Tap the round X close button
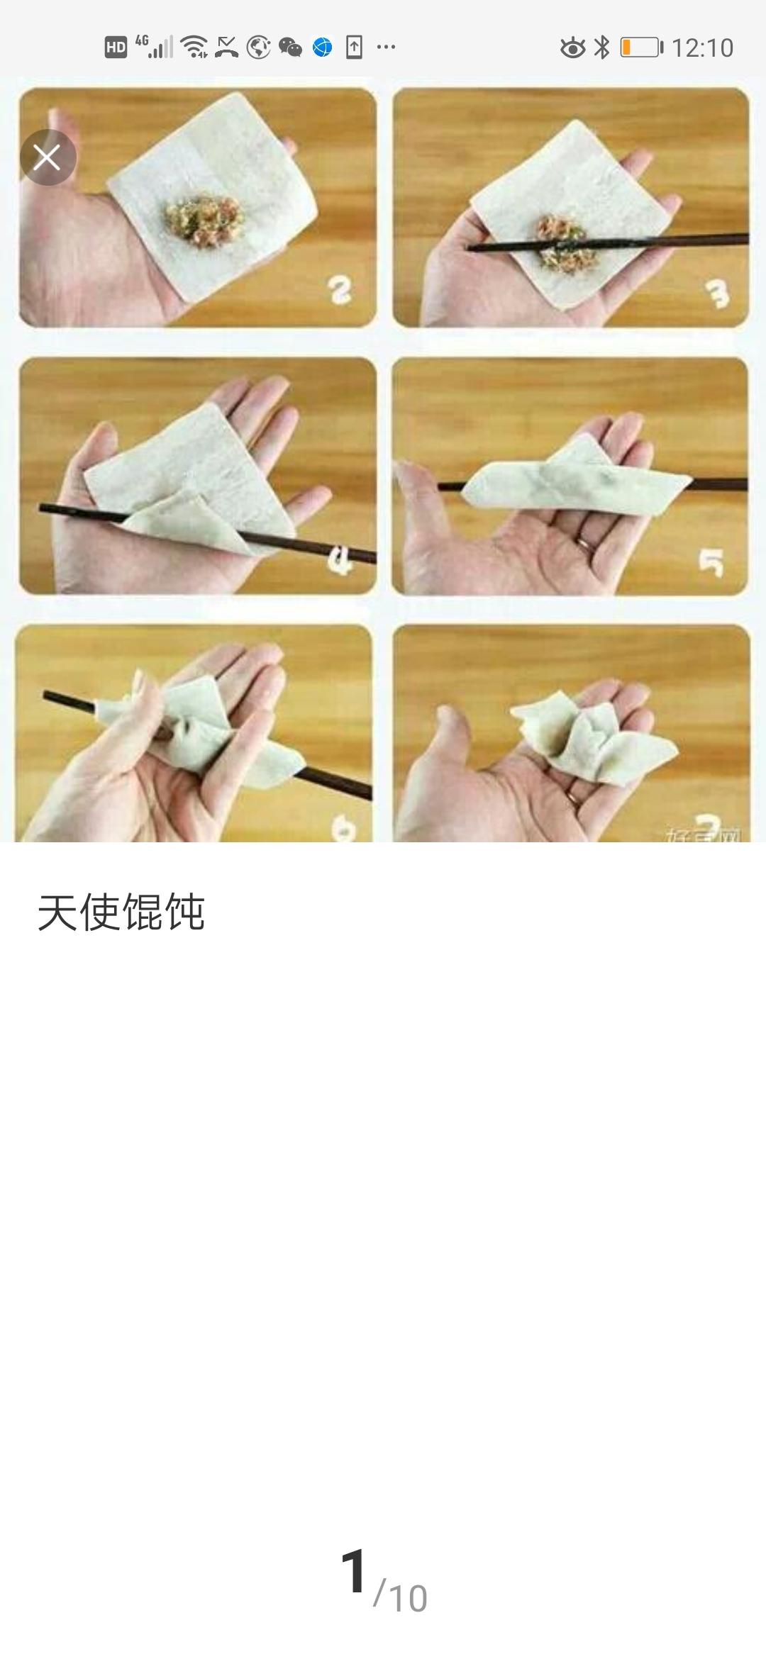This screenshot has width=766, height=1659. point(48,157)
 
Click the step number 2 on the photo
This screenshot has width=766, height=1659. point(340,290)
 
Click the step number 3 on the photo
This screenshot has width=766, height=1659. point(718,294)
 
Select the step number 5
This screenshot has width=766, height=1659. point(711,563)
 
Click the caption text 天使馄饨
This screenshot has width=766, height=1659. point(121,912)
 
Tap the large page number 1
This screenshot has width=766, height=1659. point(354,1571)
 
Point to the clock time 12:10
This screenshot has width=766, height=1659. point(702,48)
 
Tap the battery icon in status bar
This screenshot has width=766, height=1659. point(641,48)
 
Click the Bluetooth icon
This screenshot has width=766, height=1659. point(601,48)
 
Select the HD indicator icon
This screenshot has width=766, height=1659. point(116,48)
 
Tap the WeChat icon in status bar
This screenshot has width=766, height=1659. point(290,48)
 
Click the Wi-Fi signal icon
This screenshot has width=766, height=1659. point(194,47)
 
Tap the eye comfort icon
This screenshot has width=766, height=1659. point(572,48)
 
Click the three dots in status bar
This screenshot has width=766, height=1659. point(386,48)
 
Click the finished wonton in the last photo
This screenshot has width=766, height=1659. point(592,741)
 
